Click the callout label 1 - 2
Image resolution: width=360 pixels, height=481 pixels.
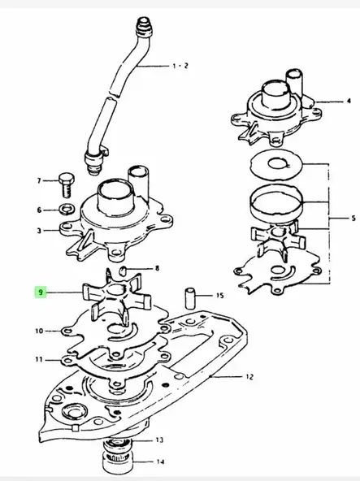pyautogui.click(x=179, y=64)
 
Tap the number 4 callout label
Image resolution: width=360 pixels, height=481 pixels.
pyautogui.click(x=349, y=102)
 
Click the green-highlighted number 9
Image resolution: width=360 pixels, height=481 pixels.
pyautogui.click(x=38, y=291)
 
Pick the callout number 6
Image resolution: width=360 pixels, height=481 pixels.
pyautogui.click(x=38, y=210)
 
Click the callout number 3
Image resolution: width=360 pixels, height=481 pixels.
pyautogui.click(x=38, y=231)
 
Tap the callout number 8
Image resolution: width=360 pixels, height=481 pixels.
pyautogui.click(x=158, y=266)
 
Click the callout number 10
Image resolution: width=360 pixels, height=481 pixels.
pyautogui.click(x=39, y=331)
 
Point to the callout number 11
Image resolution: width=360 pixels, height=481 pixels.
pyautogui.click(x=39, y=358)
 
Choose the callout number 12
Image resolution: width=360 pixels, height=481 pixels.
pyautogui.click(x=250, y=377)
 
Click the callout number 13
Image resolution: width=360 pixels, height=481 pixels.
pyautogui.click(x=158, y=440)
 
